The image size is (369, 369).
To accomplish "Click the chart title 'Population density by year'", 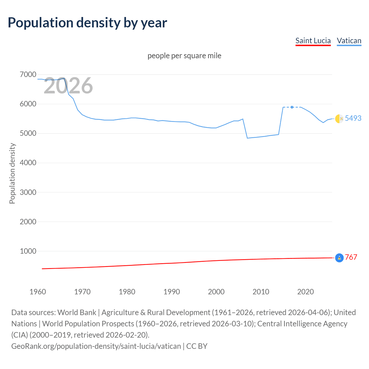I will [87, 23].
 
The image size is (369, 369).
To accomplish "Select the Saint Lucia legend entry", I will [313, 41].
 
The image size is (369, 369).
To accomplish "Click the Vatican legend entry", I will [349, 41].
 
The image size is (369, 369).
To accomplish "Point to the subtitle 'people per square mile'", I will [184, 56].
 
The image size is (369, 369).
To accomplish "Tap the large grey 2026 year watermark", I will [68, 86].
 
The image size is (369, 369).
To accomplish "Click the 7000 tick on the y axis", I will [28, 75].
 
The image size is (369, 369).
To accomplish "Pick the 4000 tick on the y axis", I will [28, 163].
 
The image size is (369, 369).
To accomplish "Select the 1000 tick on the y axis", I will [28, 251].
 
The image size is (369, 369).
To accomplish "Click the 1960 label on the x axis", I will [38, 292].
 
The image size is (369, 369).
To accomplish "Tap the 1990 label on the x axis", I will [172, 292].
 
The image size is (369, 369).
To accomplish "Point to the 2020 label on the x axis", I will [305, 292].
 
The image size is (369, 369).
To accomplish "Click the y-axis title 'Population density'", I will [12, 174].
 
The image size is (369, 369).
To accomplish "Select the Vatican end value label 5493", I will [353, 118].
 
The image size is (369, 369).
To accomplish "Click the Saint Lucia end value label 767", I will [351, 257].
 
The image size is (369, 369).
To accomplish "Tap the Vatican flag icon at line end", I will [339, 118].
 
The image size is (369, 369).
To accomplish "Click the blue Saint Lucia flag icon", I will [339, 258].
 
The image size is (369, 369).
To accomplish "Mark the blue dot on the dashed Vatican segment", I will [292, 107].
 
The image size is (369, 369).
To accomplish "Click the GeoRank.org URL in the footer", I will [96, 346].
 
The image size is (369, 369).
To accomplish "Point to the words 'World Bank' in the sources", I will [77, 312].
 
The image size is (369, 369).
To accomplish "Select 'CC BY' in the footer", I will [197, 346].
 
